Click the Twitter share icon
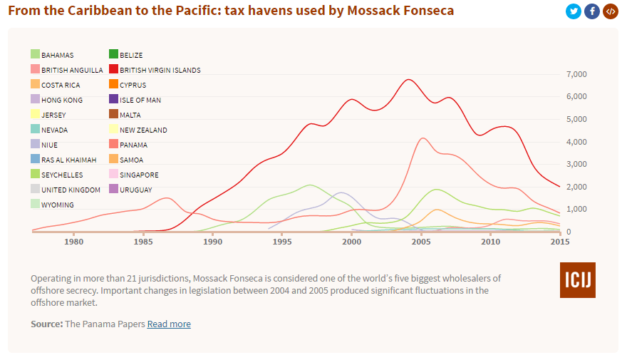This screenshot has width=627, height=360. (574, 11)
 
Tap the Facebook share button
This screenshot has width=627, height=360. (592, 11)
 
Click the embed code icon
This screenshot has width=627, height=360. (611, 11)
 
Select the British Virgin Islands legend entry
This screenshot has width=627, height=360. (160, 70)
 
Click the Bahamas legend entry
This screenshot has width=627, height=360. (57, 55)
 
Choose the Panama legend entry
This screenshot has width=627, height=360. (133, 145)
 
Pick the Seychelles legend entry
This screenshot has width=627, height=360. (61, 175)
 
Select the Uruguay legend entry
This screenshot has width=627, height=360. (135, 190)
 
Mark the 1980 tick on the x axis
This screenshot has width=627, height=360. (74, 242)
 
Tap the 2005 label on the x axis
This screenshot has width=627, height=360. (421, 242)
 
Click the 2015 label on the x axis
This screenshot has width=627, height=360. (559, 242)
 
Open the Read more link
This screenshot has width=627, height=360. (169, 324)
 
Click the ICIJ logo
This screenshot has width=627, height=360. (578, 279)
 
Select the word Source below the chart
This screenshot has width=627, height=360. (46, 324)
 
